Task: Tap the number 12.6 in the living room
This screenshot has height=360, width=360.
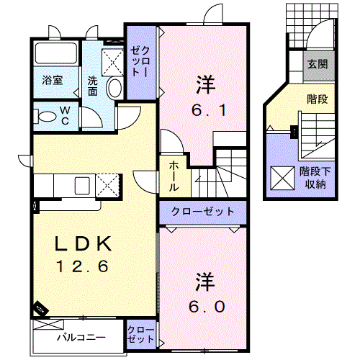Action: pyautogui.click(x=82, y=267)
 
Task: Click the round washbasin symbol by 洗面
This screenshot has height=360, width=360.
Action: pyautogui.click(x=114, y=87)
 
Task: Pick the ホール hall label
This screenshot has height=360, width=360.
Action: pyautogui.click(x=175, y=176)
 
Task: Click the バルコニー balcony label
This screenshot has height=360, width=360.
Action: pyautogui.click(x=81, y=336)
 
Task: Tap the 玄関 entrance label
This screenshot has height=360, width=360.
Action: pyautogui.click(x=318, y=64)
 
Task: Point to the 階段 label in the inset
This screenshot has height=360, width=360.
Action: pyautogui.click(x=317, y=99)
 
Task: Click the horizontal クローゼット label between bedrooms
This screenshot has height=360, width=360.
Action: pyautogui.click(x=203, y=212)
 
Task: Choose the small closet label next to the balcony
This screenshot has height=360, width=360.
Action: pyautogui.click(x=140, y=334)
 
